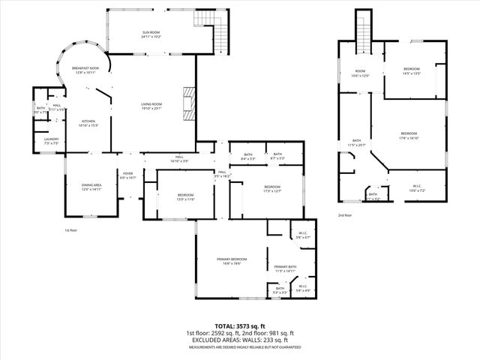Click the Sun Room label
(x=151, y=34)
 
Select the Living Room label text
(x=152, y=106)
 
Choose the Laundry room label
(x=51, y=140)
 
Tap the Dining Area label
(x=91, y=187)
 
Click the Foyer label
(x=128, y=175)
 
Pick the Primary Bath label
(x=286, y=268)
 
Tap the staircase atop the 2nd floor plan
(x=363, y=30)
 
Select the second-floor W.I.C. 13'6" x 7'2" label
(x=417, y=188)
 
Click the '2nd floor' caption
(x=344, y=214)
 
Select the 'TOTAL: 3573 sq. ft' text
(x=239, y=326)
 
